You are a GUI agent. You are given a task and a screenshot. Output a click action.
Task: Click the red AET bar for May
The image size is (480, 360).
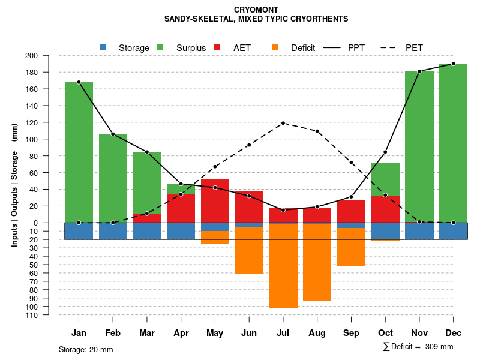pyautogui.click(x=215, y=205)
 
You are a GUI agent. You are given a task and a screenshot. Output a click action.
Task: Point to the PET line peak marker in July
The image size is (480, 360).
pyautogui.click(x=283, y=123)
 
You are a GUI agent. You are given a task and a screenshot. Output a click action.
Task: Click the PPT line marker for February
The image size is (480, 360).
pyautogui.click(x=113, y=134)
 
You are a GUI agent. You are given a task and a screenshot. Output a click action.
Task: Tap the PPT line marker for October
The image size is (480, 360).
pyautogui.click(x=385, y=152)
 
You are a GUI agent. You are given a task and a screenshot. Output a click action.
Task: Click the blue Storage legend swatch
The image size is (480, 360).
pyautogui.click(x=103, y=47)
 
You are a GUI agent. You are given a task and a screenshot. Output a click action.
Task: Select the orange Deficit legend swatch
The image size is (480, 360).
pyautogui.click(x=275, y=47)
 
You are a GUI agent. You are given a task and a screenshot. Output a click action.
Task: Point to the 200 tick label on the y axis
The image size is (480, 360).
pyautogui.click(x=49, y=56)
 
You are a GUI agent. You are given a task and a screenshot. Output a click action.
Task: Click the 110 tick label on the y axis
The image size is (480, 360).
pyautogui.click(x=49, y=315)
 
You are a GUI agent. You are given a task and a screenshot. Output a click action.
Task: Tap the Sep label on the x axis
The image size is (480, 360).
pyautogui.click(x=351, y=333)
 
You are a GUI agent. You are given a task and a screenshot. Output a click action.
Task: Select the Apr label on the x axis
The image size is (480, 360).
pyautogui.click(x=181, y=333)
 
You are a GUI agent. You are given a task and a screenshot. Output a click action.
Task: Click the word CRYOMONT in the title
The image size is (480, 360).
pyautogui.click(x=256, y=10)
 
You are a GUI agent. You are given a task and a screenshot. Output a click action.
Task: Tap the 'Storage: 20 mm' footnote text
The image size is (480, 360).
pyautogui.click(x=86, y=349)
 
